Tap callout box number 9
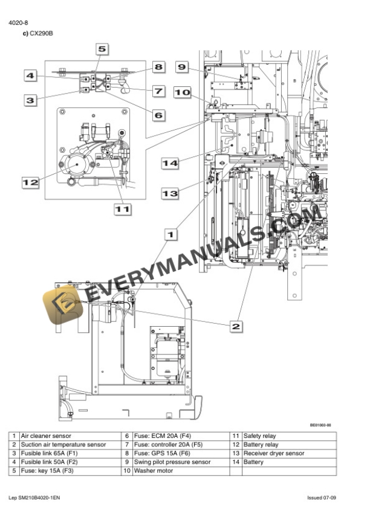(x=182, y=67)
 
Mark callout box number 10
(x=182, y=92)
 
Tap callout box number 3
(x=31, y=100)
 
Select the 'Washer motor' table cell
(x=151, y=470)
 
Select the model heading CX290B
(x=41, y=33)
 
